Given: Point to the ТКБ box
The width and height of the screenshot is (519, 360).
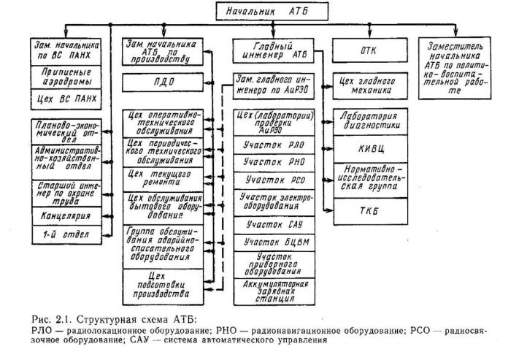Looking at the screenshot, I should tap(366, 211).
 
